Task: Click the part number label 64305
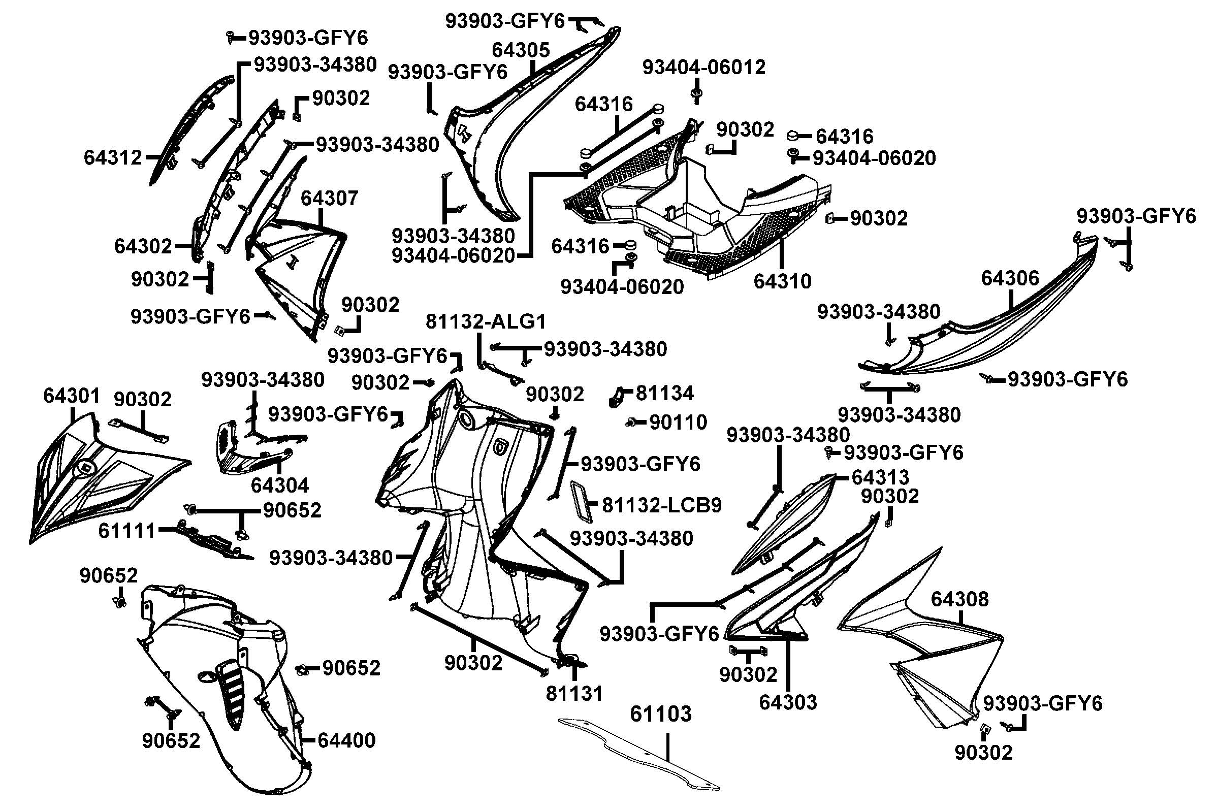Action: tap(520, 50)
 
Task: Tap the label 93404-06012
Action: tap(703, 67)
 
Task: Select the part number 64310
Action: tap(782, 281)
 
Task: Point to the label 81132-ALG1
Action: tap(486, 322)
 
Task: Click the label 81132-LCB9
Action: tap(661, 505)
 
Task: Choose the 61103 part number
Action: tap(660, 714)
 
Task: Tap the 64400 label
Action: tap(346, 740)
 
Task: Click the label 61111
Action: tap(126, 531)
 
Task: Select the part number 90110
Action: tap(678, 423)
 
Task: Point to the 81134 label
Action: tap(664, 394)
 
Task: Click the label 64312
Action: tap(113, 157)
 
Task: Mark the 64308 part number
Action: tap(959, 599)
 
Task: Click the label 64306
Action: tap(1010, 278)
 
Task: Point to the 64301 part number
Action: tap(72, 396)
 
